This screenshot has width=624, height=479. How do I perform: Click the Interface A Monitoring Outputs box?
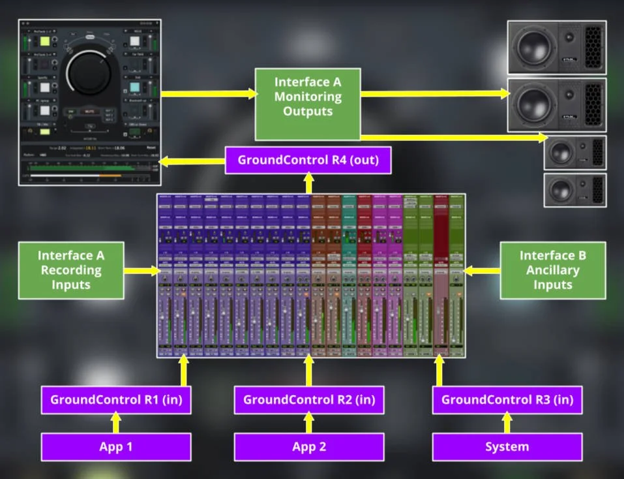coord(307,104)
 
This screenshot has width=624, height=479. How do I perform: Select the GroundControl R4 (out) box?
coord(308,160)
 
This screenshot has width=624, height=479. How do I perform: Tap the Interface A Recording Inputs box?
coord(71,270)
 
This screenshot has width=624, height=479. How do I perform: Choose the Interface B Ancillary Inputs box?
coord(552,270)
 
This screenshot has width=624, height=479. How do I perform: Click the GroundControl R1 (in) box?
coord(116,399)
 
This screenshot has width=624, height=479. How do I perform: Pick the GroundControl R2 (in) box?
coord(308,399)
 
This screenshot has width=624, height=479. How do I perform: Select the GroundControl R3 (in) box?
coord(507,399)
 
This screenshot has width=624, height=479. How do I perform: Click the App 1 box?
coord(116,447)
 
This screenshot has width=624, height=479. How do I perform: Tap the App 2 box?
coord(308,447)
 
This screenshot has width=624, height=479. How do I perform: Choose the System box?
coord(507,447)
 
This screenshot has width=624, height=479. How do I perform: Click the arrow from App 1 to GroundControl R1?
coord(116,424)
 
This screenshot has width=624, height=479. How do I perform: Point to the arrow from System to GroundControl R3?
coord(507,424)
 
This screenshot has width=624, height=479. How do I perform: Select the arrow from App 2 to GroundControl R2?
coord(308,424)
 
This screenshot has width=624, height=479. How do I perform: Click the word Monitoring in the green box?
coord(308,97)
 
